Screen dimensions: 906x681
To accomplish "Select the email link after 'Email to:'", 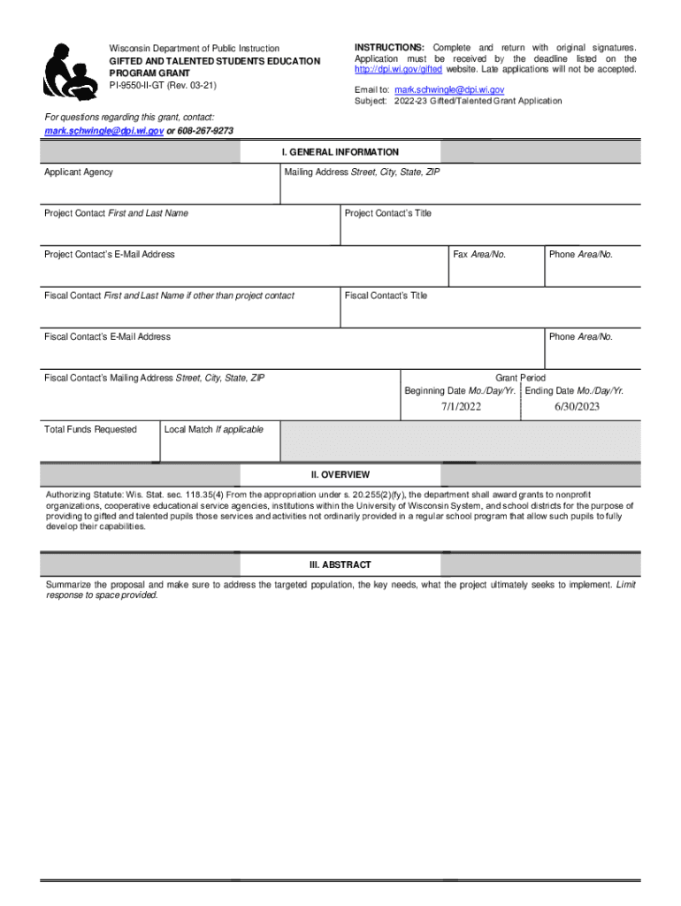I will click(x=449, y=90).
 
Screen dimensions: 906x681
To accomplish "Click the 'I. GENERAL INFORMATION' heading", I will click(x=340, y=152).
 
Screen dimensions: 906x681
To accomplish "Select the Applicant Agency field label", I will click(x=79, y=173).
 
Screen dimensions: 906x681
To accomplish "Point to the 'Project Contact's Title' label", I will click(x=388, y=213).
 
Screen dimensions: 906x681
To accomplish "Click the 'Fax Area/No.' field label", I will click(x=479, y=255).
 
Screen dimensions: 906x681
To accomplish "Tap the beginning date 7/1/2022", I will click(x=461, y=407).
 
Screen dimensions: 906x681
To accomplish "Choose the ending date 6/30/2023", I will click(x=577, y=407).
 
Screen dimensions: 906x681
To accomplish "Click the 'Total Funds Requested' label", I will click(x=90, y=430).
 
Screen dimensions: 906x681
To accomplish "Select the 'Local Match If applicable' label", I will click(x=214, y=430).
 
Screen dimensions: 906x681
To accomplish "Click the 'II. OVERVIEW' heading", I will click(x=340, y=475).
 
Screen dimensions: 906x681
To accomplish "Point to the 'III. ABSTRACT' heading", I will click(x=340, y=564).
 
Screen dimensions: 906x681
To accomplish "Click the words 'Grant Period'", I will click(x=520, y=378).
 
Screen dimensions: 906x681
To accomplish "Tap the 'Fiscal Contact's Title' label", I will click(x=386, y=296).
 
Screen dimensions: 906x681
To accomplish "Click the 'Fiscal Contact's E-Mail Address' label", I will click(x=107, y=337).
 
